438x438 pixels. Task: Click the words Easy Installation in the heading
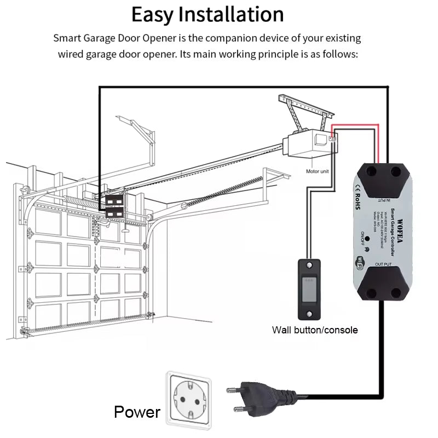[x=208, y=14]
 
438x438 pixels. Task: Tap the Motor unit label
[x=318, y=171]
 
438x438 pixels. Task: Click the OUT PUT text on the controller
[x=383, y=265]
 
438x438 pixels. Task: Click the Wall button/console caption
[x=315, y=330]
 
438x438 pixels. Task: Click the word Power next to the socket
[x=137, y=412]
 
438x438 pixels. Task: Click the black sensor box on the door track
[x=114, y=206]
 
